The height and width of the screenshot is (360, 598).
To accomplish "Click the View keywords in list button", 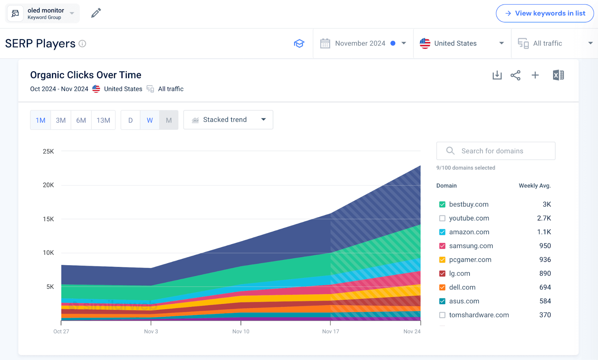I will (x=545, y=13).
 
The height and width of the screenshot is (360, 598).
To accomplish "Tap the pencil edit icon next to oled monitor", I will (x=96, y=13).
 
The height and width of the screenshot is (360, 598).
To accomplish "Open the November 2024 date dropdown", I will (x=363, y=43).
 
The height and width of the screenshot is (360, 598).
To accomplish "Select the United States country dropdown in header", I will (x=462, y=43).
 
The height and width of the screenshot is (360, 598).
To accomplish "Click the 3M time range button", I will (x=61, y=120).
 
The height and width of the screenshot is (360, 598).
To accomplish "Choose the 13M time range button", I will (x=103, y=120).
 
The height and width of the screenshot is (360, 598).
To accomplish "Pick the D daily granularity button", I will (x=130, y=120).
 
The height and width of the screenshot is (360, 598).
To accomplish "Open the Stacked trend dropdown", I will (x=228, y=120).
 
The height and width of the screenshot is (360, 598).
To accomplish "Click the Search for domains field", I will (x=496, y=151).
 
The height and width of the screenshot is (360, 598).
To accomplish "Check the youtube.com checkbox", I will (x=442, y=218).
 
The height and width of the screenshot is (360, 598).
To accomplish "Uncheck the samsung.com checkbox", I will (x=442, y=246).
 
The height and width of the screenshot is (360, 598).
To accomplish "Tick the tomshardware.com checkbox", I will (x=442, y=315).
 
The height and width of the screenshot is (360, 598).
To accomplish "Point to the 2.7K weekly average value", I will (x=544, y=218).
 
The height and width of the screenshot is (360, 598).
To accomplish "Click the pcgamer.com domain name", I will (x=470, y=260).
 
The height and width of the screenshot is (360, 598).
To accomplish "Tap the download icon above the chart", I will (x=497, y=75).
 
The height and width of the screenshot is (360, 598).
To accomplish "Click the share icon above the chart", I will (x=515, y=75).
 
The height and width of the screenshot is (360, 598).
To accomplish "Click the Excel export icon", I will (x=558, y=75).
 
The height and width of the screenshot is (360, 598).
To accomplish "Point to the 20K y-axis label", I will (x=48, y=185).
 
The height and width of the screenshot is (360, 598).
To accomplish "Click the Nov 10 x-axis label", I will (x=241, y=331).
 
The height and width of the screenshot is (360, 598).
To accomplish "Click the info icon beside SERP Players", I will (x=83, y=44).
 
